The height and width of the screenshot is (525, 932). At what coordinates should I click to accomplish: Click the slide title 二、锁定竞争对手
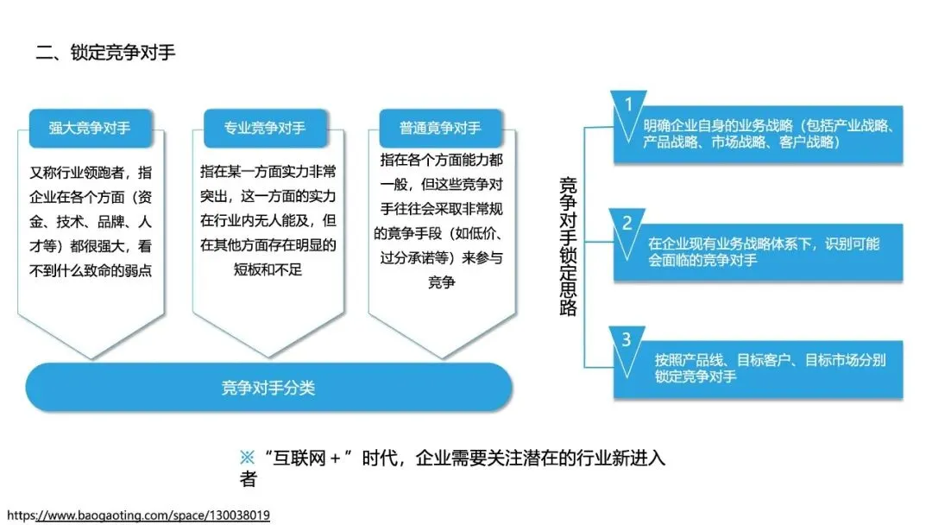(x=105, y=53)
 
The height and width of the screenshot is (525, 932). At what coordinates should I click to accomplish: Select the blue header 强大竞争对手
(x=90, y=128)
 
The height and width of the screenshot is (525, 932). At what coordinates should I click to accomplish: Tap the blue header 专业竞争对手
(x=265, y=128)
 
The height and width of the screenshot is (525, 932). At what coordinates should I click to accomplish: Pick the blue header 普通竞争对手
(x=440, y=128)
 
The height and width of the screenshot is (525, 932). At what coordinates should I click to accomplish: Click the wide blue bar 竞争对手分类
(x=268, y=388)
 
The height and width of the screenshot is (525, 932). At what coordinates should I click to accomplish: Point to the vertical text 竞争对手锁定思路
(x=568, y=246)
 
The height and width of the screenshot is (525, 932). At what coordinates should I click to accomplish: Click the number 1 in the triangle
(x=628, y=104)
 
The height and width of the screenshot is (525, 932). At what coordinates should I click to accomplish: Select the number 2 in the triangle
(x=628, y=223)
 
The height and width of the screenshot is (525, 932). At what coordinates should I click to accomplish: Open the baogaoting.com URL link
(x=138, y=516)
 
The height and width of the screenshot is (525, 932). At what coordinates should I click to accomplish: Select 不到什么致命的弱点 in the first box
(x=91, y=269)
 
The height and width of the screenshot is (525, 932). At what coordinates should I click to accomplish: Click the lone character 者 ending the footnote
(x=249, y=480)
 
